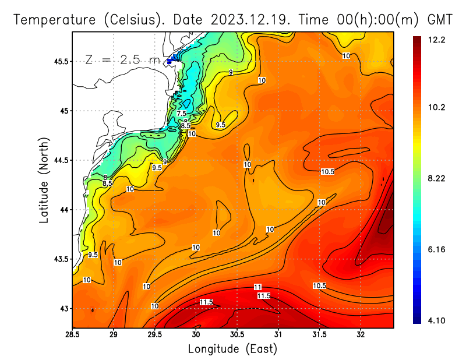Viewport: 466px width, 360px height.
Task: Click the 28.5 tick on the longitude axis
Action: [72, 335]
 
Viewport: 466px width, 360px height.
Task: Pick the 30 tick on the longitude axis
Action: [196, 335]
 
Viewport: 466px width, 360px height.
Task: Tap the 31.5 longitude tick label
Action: [319, 335]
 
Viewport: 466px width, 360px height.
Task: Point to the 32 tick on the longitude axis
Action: [361, 335]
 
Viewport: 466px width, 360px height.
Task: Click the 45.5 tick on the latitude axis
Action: [60, 61]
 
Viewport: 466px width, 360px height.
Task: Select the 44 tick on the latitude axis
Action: [63, 210]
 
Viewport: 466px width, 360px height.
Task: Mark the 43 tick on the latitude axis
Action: [63, 308]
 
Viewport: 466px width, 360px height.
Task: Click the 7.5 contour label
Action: [182, 114]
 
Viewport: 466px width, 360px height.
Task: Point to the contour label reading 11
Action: [257, 287]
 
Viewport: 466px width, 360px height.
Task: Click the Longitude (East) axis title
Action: [232, 348]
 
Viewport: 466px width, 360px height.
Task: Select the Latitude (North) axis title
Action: [44, 179]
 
